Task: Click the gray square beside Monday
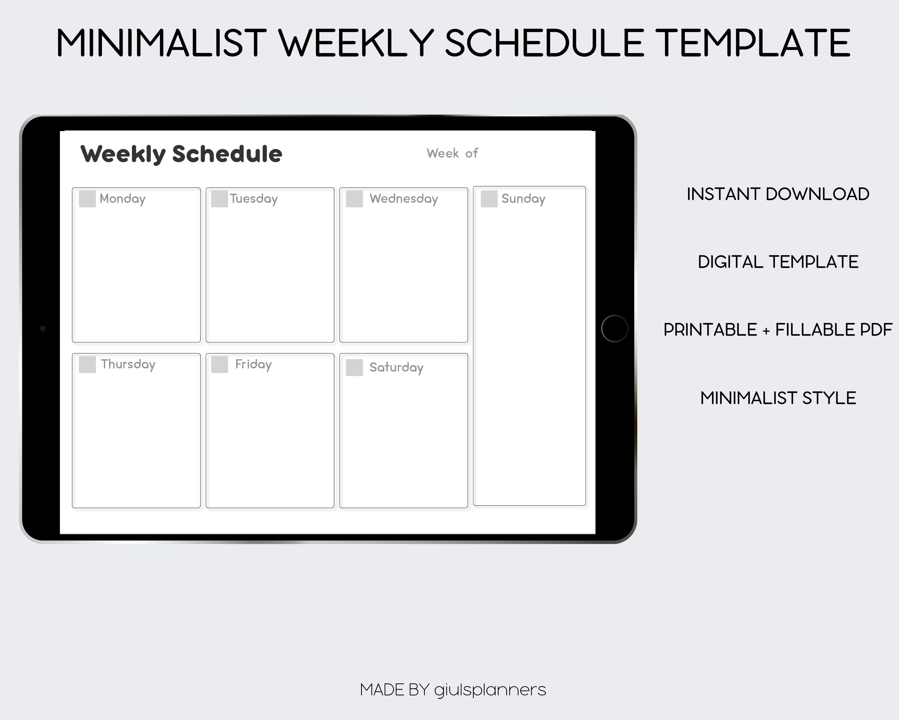pyautogui.click(x=87, y=199)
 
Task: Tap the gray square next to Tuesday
pyautogui.click(x=219, y=199)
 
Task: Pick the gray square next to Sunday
pyautogui.click(x=489, y=199)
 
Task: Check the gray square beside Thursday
pyautogui.click(x=87, y=364)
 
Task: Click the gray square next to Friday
pyautogui.click(x=219, y=364)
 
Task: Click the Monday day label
pyautogui.click(x=123, y=199)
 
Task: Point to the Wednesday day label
pyautogui.click(x=404, y=199)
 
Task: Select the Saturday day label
pyautogui.click(x=396, y=367)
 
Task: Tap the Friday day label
pyautogui.click(x=253, y=364)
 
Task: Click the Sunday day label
pyautogui.click(x=523, y=199)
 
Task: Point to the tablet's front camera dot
pyautogui.click(x=43, y=328)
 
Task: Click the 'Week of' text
pyautogui.click(x=452, y=153)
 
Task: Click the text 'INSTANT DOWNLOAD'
pyautogui.click(x=778, y=194)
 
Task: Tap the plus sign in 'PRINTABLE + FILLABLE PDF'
pyautogui.click(x=766, y=331)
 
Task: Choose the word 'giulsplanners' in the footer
pyautogui.click(x=490, y=690)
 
